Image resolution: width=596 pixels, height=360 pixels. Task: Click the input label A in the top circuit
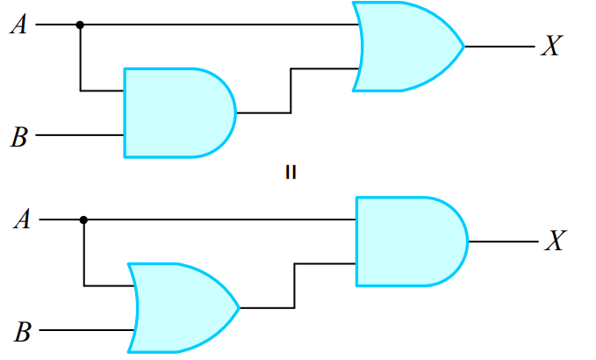pos(18,25)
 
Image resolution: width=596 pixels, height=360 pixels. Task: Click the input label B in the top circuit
pos(18,136)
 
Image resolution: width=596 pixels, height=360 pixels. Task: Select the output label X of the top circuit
pos(550,47)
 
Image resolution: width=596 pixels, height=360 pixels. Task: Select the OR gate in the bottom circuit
pos(181,308)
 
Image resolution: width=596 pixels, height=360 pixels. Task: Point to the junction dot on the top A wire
pos(80,25)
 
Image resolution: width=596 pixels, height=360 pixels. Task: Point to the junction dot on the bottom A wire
pos(83,220)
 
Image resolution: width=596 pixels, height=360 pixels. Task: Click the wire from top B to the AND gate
pos(79,136)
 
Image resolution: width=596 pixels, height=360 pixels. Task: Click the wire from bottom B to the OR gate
pos(83,331)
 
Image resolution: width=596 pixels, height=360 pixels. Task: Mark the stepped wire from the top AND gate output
pos(291,91)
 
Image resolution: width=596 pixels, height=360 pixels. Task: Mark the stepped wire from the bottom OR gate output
pos(295,285)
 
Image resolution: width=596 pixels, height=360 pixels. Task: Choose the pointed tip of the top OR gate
pos(462,47)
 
